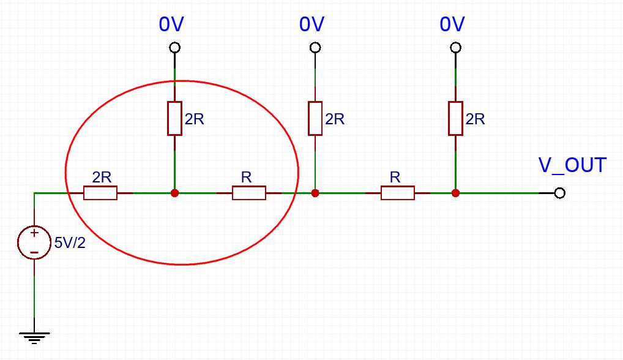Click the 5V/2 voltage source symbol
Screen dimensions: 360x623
coord(34,242)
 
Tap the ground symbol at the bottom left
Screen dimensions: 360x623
coord(34,336)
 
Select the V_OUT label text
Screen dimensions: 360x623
coord(572,165)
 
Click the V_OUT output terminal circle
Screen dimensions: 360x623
coord(559,193)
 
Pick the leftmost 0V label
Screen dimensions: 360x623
coord(171,24)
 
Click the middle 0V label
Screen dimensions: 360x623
coord(312,24)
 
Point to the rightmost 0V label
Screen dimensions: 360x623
coord(452,24)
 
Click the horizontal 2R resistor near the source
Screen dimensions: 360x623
coord(100,193)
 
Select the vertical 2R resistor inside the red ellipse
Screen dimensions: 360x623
coord(174,118)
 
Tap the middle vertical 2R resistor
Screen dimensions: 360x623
coord(315,118)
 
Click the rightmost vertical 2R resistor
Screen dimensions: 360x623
coord(455,118)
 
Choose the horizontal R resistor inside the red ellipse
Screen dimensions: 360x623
coord(249,193)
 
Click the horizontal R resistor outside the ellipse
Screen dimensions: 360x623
coord(398,193)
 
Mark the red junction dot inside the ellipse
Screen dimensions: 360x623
coord(174,193)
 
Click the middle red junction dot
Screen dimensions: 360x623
coord(315,193)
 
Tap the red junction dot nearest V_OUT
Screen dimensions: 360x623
coord(455,193)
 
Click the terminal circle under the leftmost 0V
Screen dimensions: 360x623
coord(174,48)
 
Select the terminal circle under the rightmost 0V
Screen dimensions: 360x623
coord(455,48)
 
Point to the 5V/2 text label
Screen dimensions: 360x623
coord(70,242)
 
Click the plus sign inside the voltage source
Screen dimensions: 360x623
coord(34,233)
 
